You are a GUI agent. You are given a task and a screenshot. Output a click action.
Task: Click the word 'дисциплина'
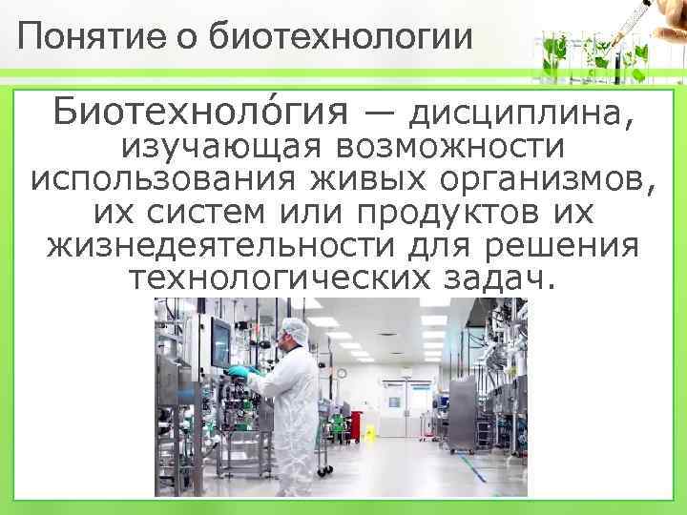[x=521, y=114]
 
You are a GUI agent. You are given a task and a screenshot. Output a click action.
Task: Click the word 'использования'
[x=151, y=179]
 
